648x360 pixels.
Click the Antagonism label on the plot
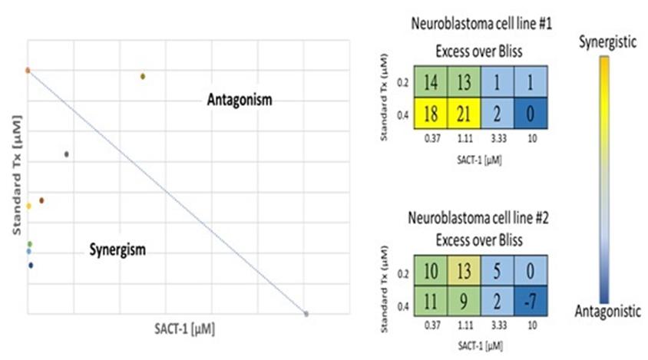(x=240, y=101)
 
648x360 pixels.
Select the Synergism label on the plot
(x=117, y=249)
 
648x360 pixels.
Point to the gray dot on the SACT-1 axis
(x=306, y=314)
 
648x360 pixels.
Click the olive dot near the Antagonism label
(x=143, y=76)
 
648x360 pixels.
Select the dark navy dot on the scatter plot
(x=31, y=266)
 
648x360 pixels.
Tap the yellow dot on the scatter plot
(x=28, y=206)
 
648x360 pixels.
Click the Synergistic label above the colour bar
(x=607, y=43)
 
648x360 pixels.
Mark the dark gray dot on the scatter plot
(x=67, y=154)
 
